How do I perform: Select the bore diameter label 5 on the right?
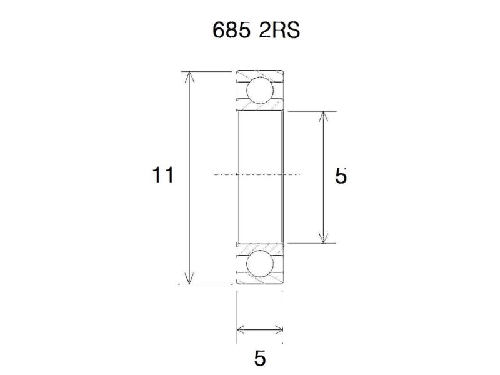coord(341,176)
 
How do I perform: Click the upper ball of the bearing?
coord(259,89)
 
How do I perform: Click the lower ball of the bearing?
coord(259,264)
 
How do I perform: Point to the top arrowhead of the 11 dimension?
coord(189,77)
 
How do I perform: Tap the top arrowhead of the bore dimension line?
coord(323,116)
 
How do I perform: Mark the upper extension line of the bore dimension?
coord(312,111)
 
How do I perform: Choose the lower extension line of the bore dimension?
coord(312,243)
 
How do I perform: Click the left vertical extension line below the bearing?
coord(237,319)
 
